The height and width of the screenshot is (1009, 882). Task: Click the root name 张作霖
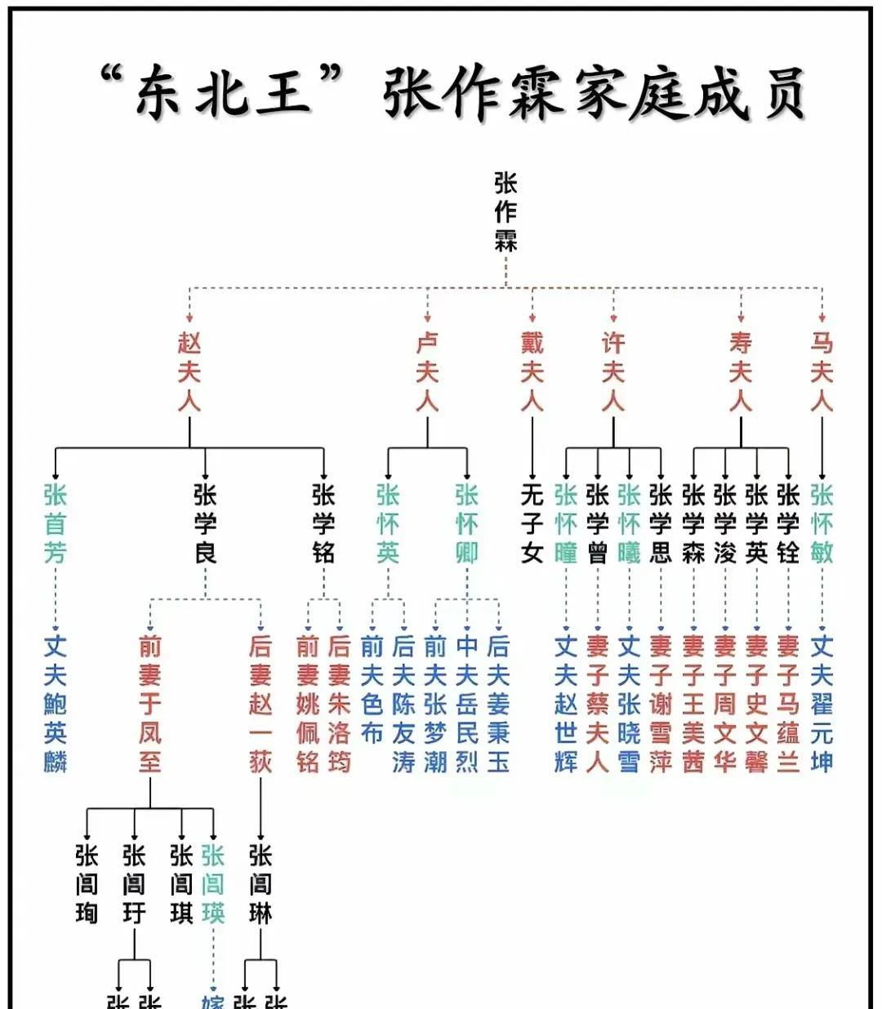(x=506, y=211)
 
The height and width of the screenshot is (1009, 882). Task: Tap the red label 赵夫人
(x=189, y=372)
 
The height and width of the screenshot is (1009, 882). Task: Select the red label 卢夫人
(x=427, y=372)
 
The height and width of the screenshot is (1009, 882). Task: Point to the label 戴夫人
(x=532, y=372)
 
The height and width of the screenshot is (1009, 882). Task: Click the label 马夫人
(x=822, y=372)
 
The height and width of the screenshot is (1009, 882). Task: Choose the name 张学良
(x=205, y=523)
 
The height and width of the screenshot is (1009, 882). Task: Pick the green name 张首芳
(x=55, y=523)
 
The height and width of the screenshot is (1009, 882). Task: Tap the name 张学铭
(x=323, y=523)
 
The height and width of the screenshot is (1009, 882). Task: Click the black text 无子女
(x=532, y=523)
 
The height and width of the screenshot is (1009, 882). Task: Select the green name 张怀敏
(x=822, y=523)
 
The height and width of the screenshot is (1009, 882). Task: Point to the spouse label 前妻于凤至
(x=150, y=704)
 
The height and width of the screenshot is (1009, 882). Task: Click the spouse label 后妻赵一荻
(x=261, y=704)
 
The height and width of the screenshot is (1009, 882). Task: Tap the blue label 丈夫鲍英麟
(x=55, y=704)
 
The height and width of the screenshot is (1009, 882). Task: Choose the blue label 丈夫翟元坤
(x=822, y=704)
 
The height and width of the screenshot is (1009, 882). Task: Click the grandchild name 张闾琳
(x=261, y=884)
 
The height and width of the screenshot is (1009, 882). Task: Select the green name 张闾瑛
(x=213, y=884)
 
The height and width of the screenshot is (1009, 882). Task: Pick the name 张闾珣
(x=87, y=884)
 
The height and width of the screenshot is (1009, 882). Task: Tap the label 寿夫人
(x=741, y=372)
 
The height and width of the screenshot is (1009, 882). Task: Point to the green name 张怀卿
(x=466, y=523)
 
